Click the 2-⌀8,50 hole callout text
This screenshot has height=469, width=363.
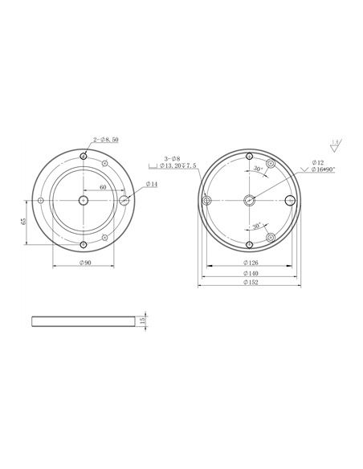[105, 140]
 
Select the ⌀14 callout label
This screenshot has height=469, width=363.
[151, 185]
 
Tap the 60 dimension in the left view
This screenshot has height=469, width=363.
[103, 186]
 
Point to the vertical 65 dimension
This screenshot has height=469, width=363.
[23, 221]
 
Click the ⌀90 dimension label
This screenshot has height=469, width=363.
[84, 263]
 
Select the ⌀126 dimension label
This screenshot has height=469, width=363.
[249, 263]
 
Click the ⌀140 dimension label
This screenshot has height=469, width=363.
[249, 273]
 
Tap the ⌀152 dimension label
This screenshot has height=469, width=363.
[249, 283]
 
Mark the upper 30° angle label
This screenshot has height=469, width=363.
[257, 170]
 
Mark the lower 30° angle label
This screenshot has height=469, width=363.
[256, 227]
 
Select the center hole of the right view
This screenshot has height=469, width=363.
[249, 200]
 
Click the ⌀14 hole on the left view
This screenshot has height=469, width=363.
[124, 199]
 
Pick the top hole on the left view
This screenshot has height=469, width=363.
[84, 157]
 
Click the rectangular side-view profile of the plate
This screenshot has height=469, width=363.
[84, 320]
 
